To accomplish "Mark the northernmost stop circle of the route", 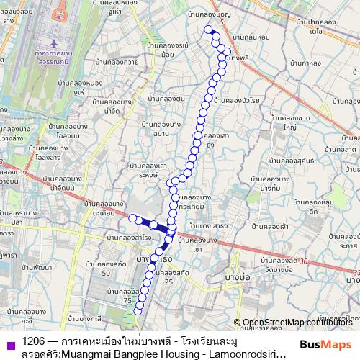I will tap(208, 30).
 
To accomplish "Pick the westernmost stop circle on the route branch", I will tap(132, 217).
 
